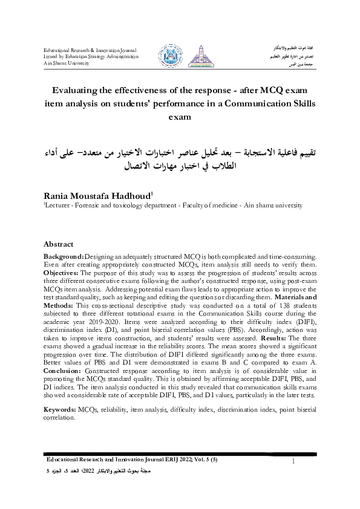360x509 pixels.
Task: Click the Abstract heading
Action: [59, 244]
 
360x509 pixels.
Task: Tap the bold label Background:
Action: [64, 257]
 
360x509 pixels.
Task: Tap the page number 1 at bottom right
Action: [292, 462]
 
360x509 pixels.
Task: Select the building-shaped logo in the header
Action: [196, 56]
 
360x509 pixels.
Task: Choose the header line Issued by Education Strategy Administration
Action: [91, 56]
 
